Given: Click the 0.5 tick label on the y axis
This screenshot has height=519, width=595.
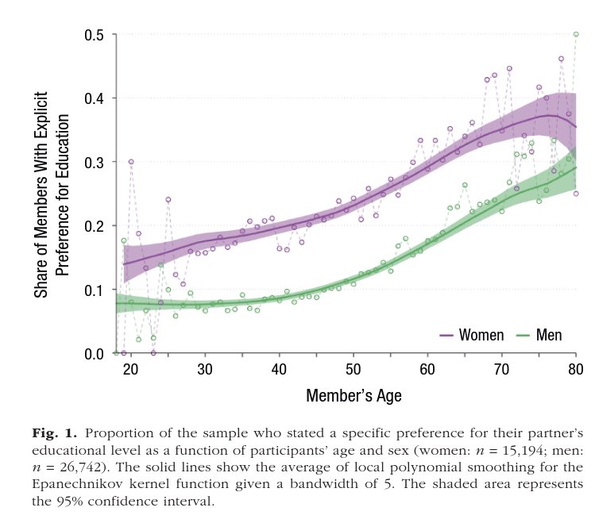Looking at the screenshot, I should pos(95,35).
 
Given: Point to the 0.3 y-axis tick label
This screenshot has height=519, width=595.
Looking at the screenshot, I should pos(95,162).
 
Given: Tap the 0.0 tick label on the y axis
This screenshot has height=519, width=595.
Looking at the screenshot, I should pos(95,354).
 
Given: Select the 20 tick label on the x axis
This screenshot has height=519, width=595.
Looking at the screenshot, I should pos(131,369).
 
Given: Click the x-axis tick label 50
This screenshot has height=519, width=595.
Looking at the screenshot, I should pos(354,369).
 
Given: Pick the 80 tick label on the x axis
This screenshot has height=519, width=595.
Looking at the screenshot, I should pos(576,369).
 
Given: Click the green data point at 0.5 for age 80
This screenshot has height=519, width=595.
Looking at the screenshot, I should pos(576,34).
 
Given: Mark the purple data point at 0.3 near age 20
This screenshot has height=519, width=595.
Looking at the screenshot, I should pos(131,162).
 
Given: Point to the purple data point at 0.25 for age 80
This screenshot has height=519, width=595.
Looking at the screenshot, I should pos(576,194).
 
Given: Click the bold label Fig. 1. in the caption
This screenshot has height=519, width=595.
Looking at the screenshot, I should pos(55,433).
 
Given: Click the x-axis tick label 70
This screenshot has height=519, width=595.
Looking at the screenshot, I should pos(501,369).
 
